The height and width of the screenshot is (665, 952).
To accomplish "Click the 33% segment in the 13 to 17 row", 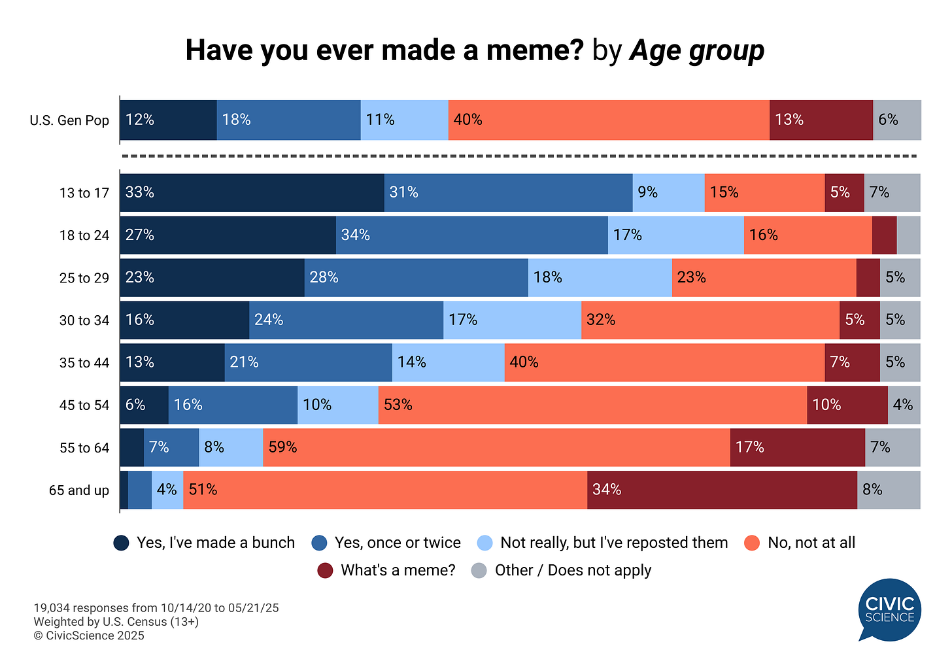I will (x=252, y=192).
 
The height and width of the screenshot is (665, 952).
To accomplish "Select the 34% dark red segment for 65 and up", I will (x=722, y=490).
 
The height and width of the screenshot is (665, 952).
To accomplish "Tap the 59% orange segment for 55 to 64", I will (x=496, y=447).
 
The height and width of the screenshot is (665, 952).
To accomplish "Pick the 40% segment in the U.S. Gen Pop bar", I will (x=609, y=120).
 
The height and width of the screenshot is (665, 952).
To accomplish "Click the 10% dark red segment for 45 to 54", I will (x=847, y=405).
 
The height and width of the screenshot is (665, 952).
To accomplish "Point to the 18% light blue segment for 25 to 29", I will (x=600, y=277).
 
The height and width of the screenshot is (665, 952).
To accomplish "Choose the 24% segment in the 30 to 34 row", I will (x=346, y=320).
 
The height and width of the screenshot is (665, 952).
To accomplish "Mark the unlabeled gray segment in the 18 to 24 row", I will (x=908, y=235).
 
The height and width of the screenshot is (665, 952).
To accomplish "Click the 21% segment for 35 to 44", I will (x=308, y=362).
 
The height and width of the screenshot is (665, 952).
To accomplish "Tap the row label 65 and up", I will (x=79, y=490).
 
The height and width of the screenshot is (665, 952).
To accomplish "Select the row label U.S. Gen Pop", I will (x=69, y=120).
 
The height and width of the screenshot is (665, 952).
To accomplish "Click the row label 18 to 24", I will (x=84, y=235).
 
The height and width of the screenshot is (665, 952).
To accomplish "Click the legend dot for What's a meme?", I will (x=325, y=570).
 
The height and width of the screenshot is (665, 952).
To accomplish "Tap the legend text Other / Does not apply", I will (x=573, y=570).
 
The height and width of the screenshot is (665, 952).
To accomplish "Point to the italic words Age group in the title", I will (x=696, y=50).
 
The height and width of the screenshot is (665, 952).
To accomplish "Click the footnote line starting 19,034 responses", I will (x=156, y=608).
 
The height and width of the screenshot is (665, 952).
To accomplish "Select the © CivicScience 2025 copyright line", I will (x=89, y=636).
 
